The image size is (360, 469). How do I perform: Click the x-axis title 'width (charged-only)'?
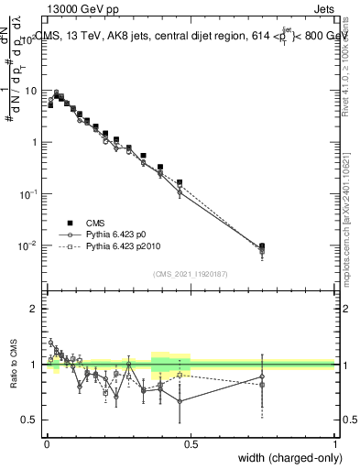(x=285, y=457)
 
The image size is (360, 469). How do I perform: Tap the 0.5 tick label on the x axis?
(x=191, y=443)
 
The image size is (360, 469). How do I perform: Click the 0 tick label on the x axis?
(x=47, y=443)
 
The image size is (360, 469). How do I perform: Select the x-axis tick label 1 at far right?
(x=335, y=443)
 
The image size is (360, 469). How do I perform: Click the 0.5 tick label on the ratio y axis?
(x=31, y=420)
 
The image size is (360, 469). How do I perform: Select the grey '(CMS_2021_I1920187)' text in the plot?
(x=191, y=273)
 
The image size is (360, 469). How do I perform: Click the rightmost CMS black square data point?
(x=262, y=246)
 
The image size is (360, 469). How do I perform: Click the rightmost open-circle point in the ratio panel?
(x=262, y=376)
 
